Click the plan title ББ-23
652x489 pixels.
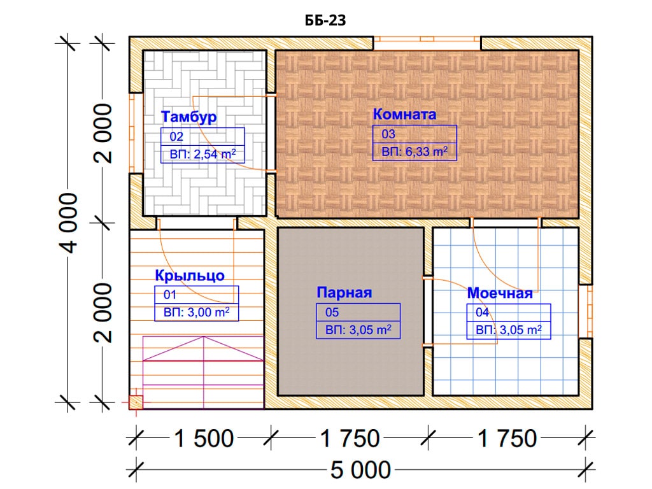pos(325,20)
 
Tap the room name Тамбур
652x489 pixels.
pos(188,117)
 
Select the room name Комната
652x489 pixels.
pos(404,114)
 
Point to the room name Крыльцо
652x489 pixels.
pos(190,275)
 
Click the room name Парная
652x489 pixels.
pos(344,292)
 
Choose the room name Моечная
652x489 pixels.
pos(500,293)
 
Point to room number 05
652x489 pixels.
pos(332,312)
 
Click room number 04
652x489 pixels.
pos(483,312)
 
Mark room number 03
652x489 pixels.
pos(388,134)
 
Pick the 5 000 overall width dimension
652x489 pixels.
pos(360,471)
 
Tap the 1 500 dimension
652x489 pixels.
pos(203,439)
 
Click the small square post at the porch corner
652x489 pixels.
pos(136,402)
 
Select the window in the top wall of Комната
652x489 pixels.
pos(427,43)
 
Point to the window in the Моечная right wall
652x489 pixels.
pos(586,311)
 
